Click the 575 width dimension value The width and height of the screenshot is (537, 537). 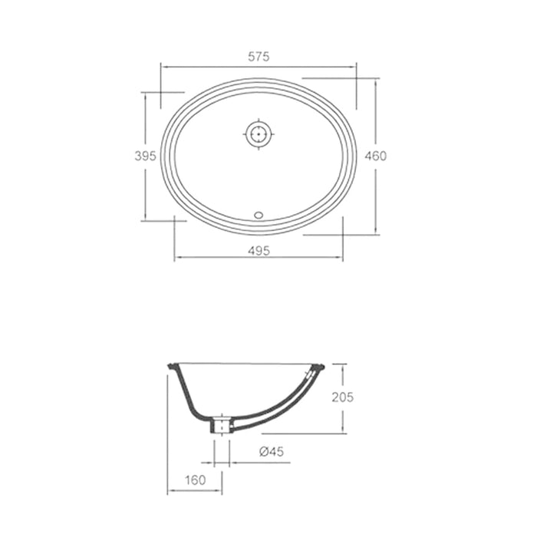click(x=259, y=57)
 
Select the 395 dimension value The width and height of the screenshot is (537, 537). click(x=145, y=156)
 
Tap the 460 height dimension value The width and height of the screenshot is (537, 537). click(x=375, y=156)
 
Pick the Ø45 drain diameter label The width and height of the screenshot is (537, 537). click(x=272, y=453)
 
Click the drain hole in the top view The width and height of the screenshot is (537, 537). click(x=259, y=134)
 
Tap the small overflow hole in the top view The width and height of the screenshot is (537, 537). click(x=259, y=214)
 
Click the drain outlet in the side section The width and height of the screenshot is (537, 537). click(x=222, y=424)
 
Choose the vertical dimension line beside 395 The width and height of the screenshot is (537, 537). click(x=145, y=192)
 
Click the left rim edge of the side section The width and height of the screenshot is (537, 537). click(x=170, y=370)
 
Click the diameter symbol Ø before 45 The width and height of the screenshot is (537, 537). click(x=263, y=453)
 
